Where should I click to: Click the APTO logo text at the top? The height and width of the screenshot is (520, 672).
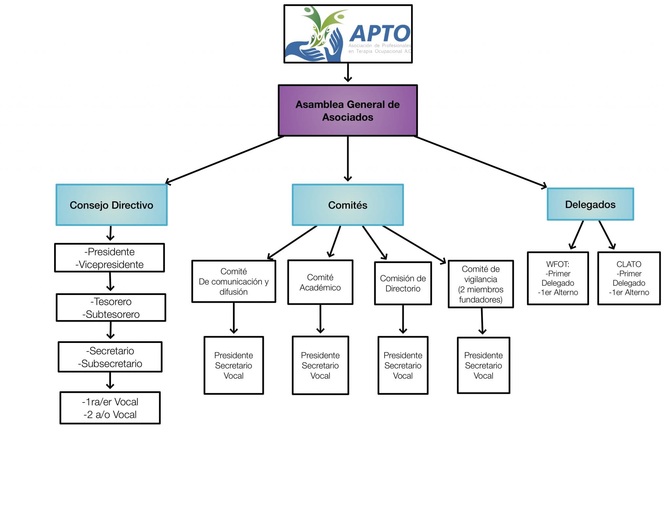tap(380, 34)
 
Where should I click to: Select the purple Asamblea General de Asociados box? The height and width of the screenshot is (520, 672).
tap(347, 110)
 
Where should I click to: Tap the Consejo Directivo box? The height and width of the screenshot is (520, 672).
tap(112, 205)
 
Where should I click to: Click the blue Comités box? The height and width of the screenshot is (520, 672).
tap(347, 205)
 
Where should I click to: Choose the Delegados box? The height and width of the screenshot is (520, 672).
tap(590, 204)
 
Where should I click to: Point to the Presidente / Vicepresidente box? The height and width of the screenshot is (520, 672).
tap(110, 258)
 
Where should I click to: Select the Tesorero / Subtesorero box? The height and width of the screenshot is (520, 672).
tap(111, 308)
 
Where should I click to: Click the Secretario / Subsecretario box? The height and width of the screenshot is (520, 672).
tap(110, 357)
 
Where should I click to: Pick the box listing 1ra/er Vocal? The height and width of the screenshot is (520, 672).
tap(110, 408)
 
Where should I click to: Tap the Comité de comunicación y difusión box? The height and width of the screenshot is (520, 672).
tap(234, 282)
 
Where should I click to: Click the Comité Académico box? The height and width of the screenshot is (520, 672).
tap(320, 283)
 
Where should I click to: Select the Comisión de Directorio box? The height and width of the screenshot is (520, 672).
tap(403, 283)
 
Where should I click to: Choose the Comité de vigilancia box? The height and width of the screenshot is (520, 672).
tap(480, 284)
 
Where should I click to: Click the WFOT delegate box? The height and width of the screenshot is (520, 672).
tap(557, 278)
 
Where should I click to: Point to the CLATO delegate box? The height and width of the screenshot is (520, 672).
tap(629, 278)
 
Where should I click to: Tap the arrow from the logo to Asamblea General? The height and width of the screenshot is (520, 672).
tap(348, 72)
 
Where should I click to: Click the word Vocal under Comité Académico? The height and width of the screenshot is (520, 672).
tap(320, 376)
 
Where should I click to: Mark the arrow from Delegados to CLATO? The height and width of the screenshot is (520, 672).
tap(607, 235)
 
